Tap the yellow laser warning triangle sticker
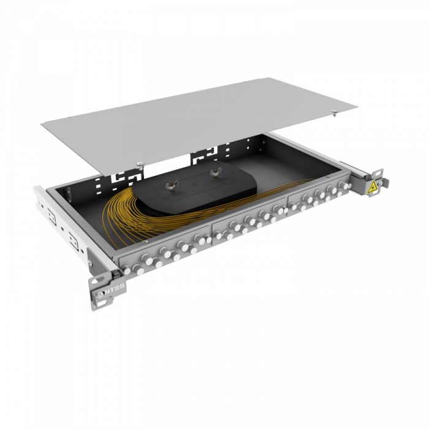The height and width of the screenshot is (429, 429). tap(371, 188)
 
